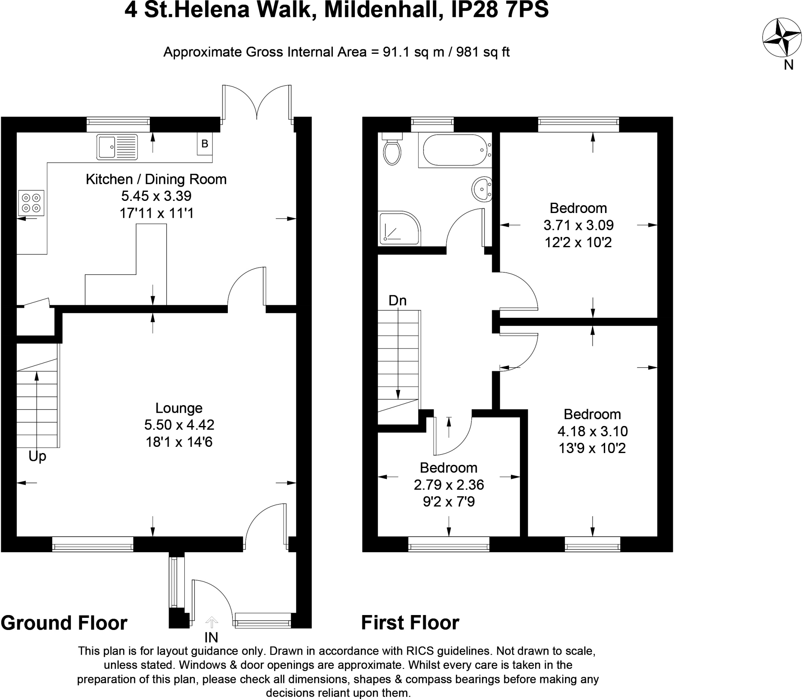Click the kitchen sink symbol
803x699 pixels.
117,147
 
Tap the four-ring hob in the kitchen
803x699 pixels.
31,203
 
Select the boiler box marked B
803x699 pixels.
205,144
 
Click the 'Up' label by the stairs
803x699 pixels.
37,456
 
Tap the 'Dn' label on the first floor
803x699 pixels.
398,300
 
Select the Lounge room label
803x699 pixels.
179,408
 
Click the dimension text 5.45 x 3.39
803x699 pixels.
156,196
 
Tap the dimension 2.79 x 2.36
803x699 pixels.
449,485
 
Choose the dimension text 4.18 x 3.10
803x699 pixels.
592,431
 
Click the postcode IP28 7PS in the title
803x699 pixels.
500,10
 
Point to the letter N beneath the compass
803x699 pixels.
788,65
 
